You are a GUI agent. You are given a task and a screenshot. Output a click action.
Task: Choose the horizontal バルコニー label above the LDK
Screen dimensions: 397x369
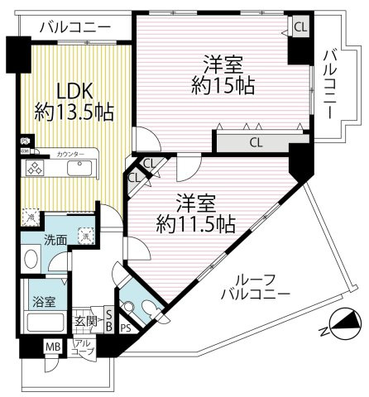point(76,27)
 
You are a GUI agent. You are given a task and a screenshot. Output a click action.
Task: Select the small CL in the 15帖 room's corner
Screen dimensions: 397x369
point(299,26)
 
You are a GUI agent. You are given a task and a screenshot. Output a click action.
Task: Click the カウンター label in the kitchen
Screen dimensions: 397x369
point(71,155)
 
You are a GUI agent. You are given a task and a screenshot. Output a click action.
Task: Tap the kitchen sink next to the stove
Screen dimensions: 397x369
point(80,168)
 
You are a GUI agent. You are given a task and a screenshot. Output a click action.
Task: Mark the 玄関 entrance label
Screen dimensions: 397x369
point(87,322)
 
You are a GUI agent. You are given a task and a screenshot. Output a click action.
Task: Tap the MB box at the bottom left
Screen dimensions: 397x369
point(52,346)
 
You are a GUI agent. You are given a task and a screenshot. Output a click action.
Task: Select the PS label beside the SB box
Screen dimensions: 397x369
point(125,328)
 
